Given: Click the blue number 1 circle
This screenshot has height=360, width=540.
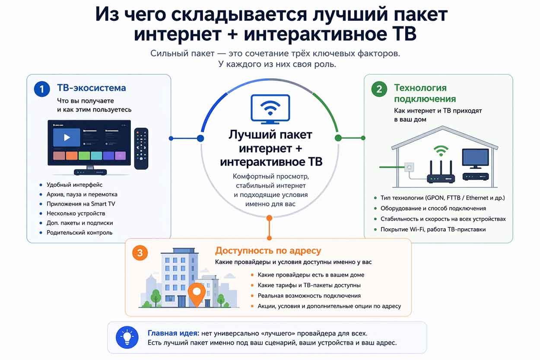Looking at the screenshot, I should (x=42, y=89).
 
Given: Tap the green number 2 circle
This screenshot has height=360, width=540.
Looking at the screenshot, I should (x=379, y=89).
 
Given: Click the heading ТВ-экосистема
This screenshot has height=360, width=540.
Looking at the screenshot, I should (x=92, y=88).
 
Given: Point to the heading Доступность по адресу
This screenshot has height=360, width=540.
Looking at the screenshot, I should (x=268, y=251).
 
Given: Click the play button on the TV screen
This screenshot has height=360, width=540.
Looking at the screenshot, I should (x=67, y=137).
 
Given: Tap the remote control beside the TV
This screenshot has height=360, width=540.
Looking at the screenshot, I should (x=141, y=148).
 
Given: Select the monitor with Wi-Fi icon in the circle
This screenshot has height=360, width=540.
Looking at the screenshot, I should (x=270, y=108).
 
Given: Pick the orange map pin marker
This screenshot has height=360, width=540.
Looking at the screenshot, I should (x=197, y=293).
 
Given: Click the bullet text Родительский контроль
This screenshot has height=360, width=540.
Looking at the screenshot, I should (x=79, y=233).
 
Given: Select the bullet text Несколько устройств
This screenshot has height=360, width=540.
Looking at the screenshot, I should (x=76, y=213).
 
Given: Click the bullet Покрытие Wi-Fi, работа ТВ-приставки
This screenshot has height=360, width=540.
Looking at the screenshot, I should (x=433, y=229).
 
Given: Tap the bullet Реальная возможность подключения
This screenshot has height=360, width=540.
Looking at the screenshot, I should (x=309, y=296).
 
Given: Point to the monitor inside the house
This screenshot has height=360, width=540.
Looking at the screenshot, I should (x=475, y=159).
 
